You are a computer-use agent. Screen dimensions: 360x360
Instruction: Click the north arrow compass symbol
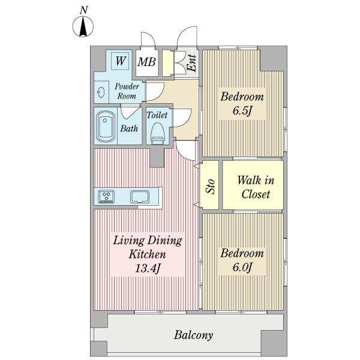tap(83, 26)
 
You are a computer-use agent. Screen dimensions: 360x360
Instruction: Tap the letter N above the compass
tap(84, 10)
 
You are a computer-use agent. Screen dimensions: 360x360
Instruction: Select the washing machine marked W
tap(120, 61)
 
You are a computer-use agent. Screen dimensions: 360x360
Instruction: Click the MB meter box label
tap(147, 62)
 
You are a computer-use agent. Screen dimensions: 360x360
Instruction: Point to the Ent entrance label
tap(191, 63)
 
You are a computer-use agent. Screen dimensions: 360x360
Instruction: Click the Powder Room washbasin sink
tap(101, 93)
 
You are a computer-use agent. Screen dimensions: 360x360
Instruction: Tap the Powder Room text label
tap(127, 91)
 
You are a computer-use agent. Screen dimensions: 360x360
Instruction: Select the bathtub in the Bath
tap(106, 127)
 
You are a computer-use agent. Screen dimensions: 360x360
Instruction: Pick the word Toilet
tap(157, 115)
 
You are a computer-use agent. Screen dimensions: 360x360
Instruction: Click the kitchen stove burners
tap(106, 197)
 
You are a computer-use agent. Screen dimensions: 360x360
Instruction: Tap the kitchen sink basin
tap(140, 197)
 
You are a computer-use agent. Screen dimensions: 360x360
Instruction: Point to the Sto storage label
tap(211, 186)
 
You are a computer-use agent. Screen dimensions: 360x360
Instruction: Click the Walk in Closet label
tap(256, 187)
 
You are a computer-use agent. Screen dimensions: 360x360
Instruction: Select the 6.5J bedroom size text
tap(242, 111)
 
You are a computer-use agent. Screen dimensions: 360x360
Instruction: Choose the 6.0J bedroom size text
tap(242, 268)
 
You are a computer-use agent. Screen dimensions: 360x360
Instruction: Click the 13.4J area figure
tap(148, 268)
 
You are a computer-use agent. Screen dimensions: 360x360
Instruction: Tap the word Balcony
tap(193, 335)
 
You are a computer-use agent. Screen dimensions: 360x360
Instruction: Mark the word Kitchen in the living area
tap(147, 254)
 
